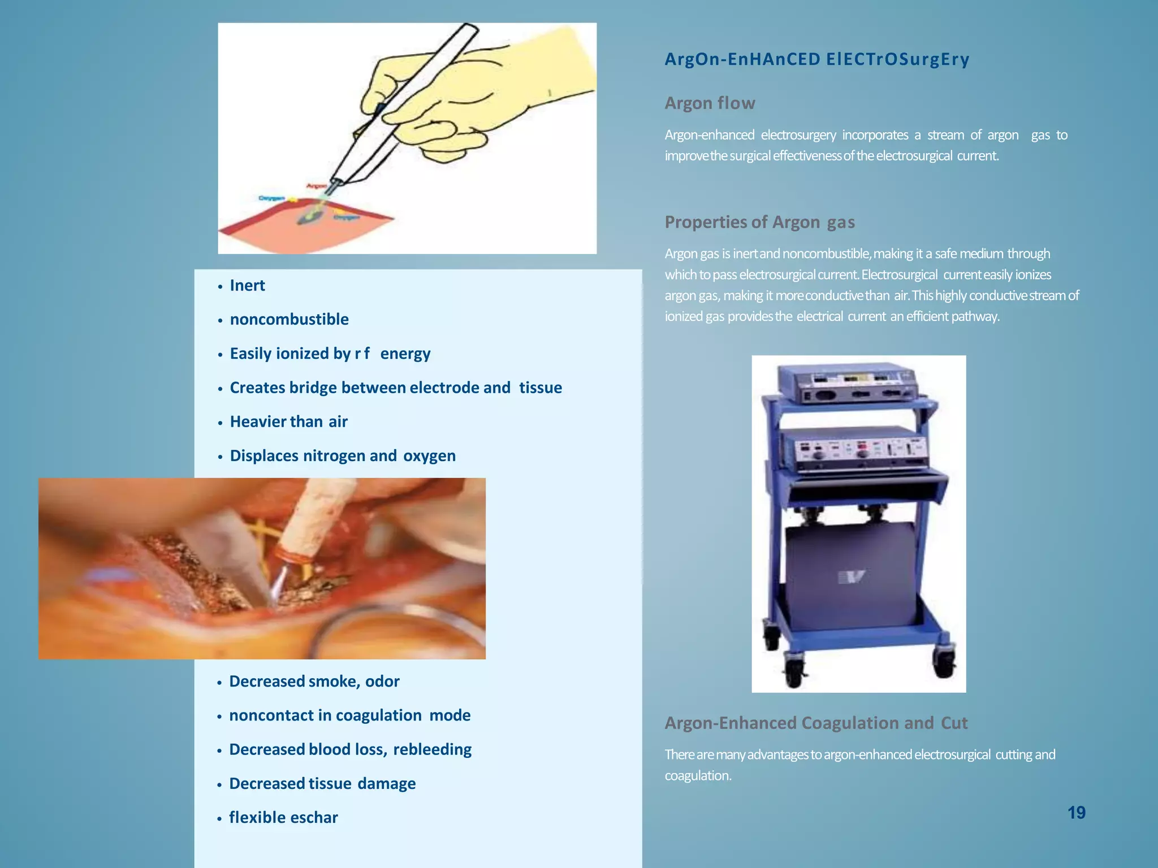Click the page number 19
[1076, 813]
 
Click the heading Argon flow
[710, 103]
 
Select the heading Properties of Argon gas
[759, 222]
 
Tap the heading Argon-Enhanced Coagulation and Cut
[816, 723]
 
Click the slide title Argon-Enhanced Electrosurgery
[817, 59]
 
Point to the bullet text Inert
[247, 285]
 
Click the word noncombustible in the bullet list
[289, 319]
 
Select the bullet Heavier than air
[288, 422]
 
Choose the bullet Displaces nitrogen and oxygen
[343, 455]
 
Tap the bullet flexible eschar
[283, 817]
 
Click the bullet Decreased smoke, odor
[314, 682]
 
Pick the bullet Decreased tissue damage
[322, 783]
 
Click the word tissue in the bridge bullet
[541, 388]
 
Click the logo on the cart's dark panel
[852, 578]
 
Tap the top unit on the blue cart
[847, 384]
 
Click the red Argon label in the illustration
[317, 185]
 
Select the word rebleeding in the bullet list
[432, 749]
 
